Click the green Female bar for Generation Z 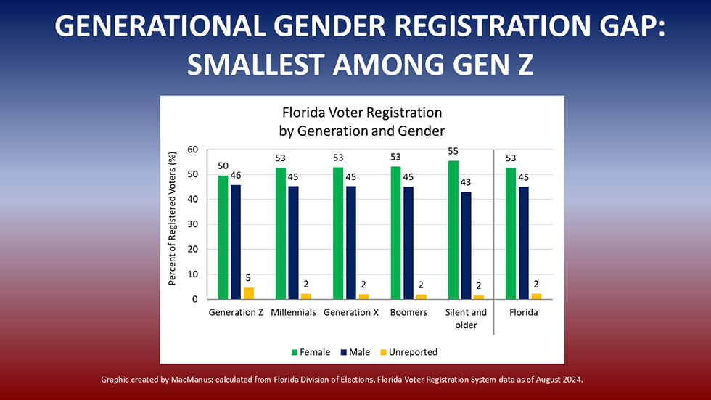(223, 237)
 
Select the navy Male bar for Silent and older (466, 245)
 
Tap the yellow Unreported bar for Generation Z (248, 293)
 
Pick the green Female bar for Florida (511, 233)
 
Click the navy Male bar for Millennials (293, 242)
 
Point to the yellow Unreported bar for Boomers (422, 296)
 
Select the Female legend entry (311, 352)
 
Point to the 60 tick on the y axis (192, 150)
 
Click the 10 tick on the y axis (192, 274)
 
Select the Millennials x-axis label (292, 312)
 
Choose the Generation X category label (351, 312)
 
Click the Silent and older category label (466, 318)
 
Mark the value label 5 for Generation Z (248, 277)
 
